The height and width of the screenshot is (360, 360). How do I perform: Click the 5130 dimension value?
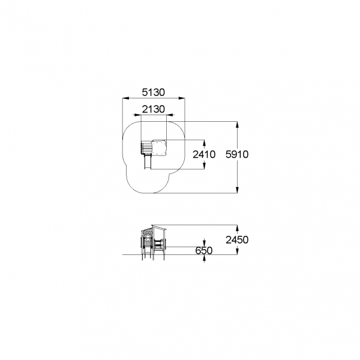point(154,92)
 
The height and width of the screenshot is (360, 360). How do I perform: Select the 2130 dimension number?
point(154,109)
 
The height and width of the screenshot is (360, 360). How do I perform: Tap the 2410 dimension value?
point(204,154)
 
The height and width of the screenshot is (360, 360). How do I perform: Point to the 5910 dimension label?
point(237,154)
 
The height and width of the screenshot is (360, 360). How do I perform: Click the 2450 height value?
point(237,240)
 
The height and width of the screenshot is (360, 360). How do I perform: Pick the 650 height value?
point(204,250)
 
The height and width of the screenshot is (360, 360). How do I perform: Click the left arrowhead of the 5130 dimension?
point(125,98)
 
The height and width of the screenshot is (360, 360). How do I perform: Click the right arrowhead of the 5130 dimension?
point(182,98)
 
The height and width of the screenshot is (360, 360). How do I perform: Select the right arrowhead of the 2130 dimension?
point(169,115)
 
